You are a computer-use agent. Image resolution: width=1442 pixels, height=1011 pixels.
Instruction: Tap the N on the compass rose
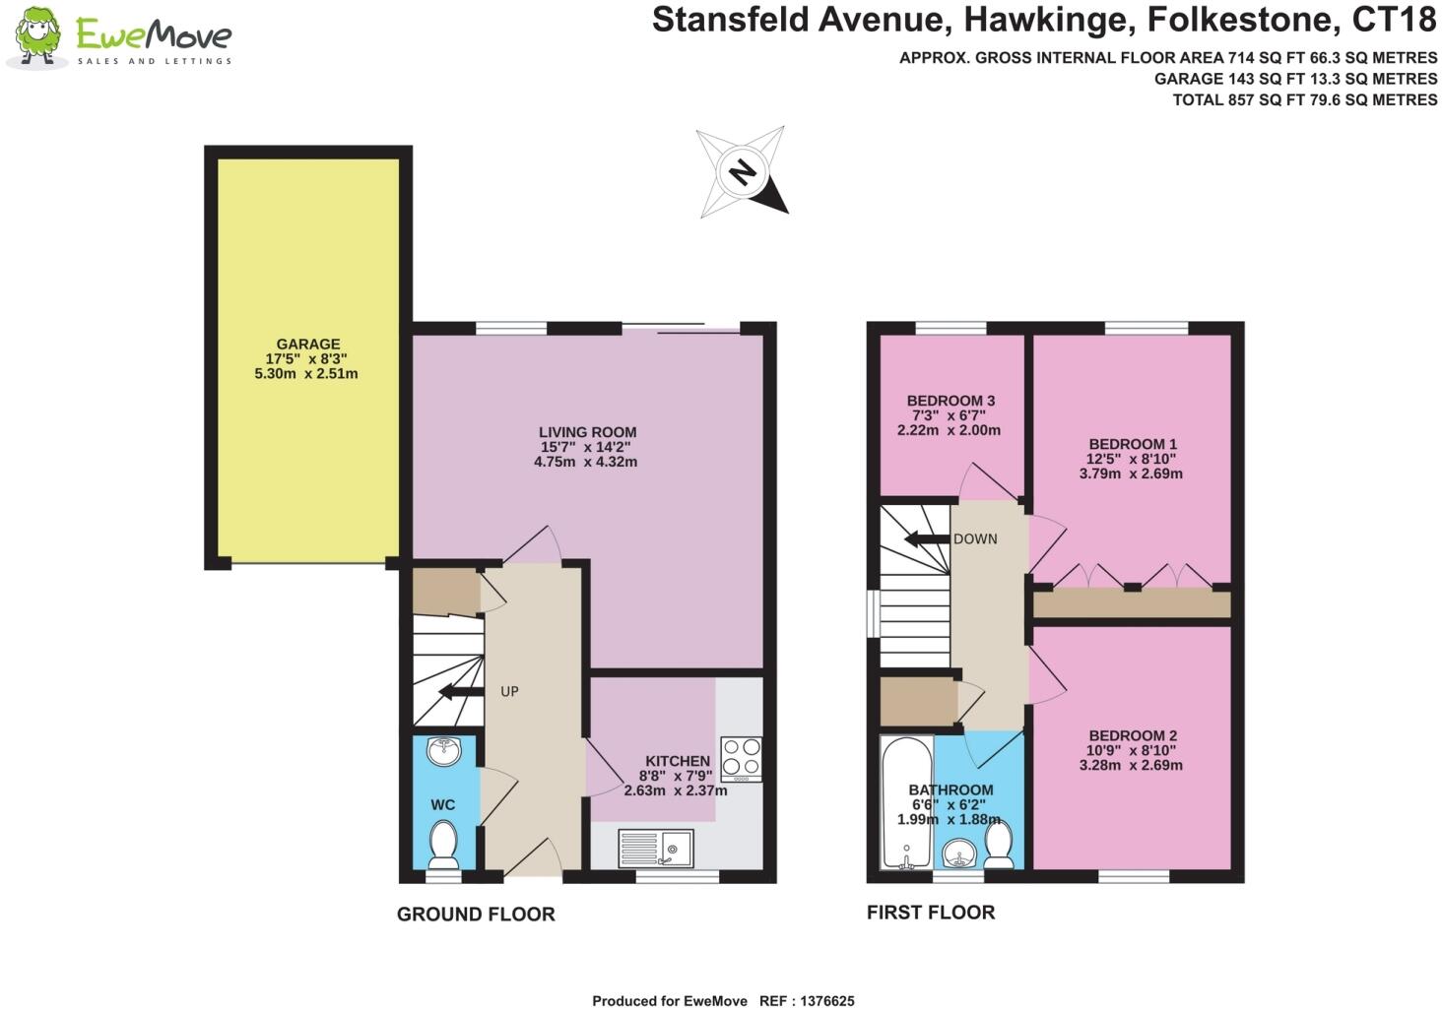742,173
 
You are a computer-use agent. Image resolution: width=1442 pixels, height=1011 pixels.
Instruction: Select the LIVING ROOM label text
587,432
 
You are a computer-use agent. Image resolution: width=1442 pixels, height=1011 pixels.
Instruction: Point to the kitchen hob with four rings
741,758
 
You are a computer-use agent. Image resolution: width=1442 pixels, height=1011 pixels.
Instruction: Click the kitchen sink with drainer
656,848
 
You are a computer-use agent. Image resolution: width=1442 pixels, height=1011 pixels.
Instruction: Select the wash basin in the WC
444,752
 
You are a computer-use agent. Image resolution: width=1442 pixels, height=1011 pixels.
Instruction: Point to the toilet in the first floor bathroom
999,846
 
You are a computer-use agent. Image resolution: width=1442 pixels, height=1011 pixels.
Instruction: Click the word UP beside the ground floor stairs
509,692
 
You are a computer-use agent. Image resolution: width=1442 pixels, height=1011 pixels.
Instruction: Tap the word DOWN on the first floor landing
975,539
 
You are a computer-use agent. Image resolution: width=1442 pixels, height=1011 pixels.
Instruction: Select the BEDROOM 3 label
950,401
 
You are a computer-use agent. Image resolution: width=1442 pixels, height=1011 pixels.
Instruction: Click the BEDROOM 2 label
1133,735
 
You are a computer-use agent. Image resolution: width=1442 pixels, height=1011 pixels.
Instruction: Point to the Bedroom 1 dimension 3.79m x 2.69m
1131,474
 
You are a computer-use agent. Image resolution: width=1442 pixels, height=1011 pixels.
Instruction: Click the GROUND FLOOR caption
476,915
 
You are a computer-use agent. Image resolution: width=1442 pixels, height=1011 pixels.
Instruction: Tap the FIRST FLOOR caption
931,913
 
